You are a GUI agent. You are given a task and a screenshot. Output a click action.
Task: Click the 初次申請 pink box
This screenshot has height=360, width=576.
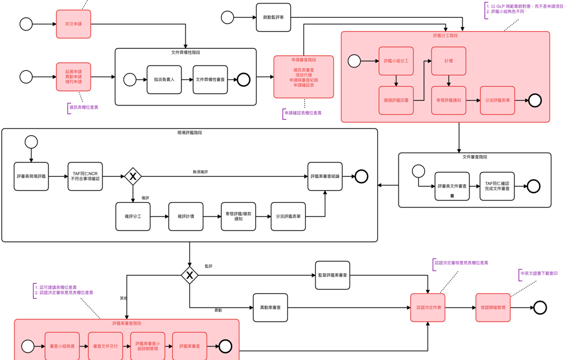(73, 24)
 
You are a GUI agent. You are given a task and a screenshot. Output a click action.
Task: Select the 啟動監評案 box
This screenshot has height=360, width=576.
(274, 17)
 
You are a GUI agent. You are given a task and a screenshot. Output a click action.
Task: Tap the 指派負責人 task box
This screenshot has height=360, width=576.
(164, 79)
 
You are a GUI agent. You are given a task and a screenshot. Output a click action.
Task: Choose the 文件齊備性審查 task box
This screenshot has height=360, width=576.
(210, 79)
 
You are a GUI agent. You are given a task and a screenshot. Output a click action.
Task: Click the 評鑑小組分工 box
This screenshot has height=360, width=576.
(396, 60)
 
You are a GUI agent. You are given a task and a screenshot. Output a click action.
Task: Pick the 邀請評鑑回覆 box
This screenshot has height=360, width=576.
(396, 100)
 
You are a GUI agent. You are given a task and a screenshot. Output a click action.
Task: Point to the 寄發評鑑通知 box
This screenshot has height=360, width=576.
(449, 100)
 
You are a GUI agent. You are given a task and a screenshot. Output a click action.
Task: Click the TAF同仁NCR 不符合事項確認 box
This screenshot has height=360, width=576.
(85, 176)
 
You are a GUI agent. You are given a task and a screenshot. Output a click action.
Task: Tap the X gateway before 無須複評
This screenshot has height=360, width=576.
(133, 176)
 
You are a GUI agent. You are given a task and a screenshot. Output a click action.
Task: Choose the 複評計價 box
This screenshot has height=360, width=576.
(185, 217)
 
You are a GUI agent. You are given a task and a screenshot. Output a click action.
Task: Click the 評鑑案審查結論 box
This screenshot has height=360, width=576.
(325, 176)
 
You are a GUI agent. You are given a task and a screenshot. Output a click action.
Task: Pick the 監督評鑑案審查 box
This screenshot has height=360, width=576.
(333, 275)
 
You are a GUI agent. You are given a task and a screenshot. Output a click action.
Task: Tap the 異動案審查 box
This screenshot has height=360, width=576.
(270, 308)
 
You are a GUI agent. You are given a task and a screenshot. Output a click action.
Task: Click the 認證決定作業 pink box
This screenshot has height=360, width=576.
(428, 308)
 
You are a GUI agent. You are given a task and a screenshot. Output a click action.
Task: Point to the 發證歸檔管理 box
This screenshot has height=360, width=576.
(493, 308)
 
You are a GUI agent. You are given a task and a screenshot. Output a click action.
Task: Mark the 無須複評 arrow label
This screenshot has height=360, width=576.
(200, 172)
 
